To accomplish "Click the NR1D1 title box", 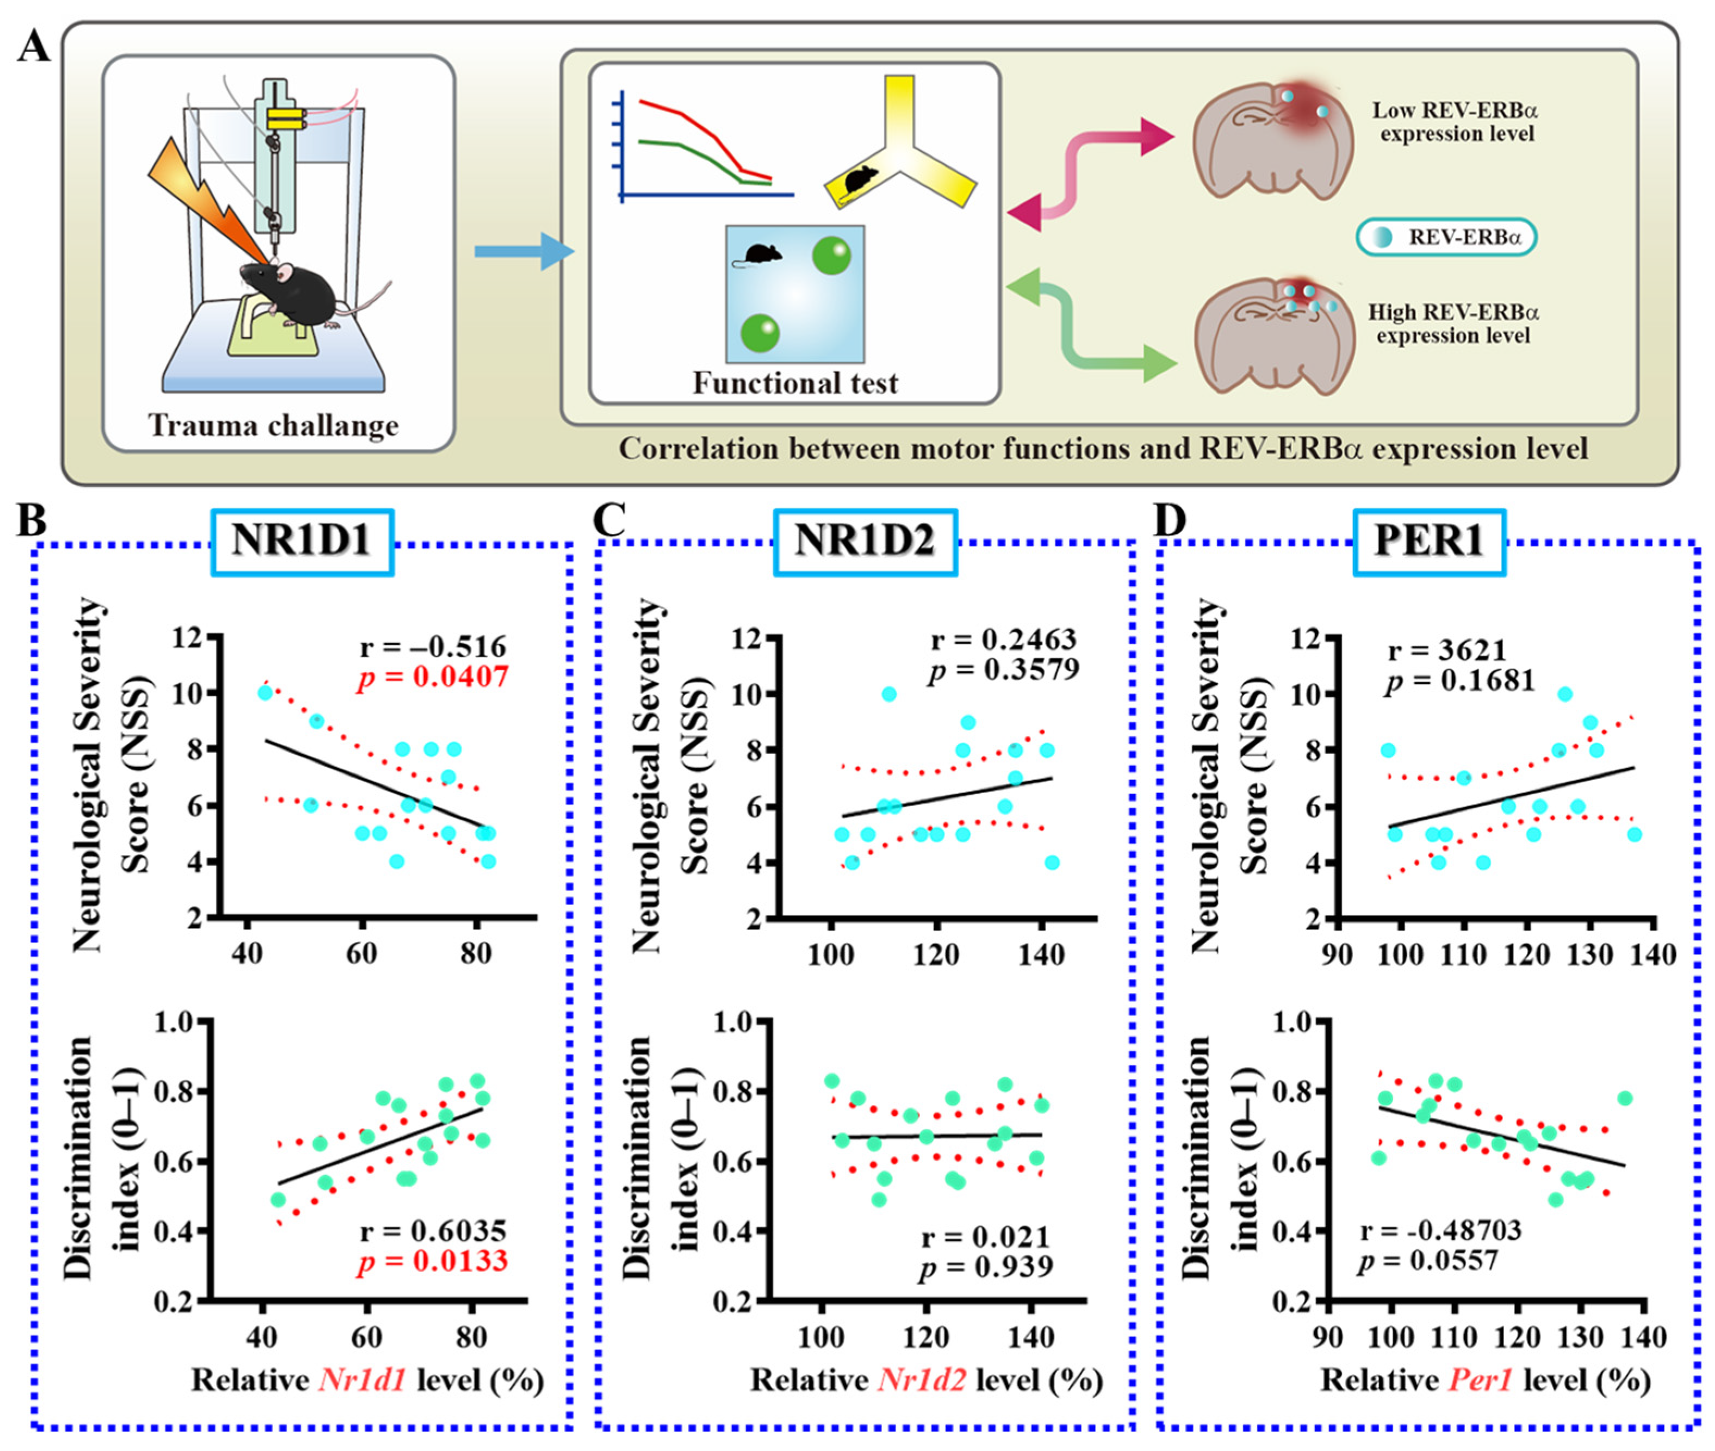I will tap(302, 541).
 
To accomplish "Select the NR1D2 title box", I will tap(865, 541).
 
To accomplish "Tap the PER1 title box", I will tap(1429, 541).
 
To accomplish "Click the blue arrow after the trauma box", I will tap(523, 250).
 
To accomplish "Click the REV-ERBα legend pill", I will tap(1445, 238).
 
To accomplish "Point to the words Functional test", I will tap(794, 383).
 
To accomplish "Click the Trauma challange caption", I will tap(273, 426).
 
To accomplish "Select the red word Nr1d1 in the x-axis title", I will tap(362, 1379).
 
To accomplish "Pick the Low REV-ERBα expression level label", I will tap(1454, 122).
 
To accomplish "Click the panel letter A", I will tap(34, 46).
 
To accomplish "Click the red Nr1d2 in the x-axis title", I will tap(921, 1379).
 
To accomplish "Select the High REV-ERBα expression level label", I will tap(1452, 324).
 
